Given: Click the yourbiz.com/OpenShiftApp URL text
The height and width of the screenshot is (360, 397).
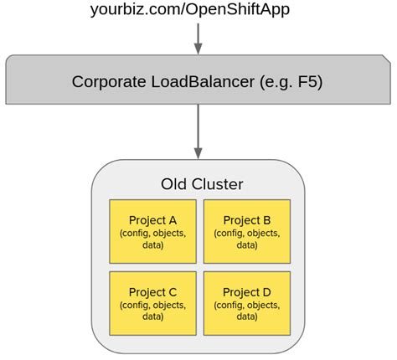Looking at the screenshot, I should [x=198, y=10].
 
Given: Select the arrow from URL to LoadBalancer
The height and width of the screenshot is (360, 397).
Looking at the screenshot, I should [x=198, y=39].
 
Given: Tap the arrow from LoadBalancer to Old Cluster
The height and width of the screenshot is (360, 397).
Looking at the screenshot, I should [x=198, y=131].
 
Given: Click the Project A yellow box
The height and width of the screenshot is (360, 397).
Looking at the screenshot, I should [x=152, y=232].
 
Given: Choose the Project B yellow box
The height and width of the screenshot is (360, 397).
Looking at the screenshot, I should [x=247, y=232].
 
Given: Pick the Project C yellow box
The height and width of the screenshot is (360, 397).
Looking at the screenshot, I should [x=152, y=303].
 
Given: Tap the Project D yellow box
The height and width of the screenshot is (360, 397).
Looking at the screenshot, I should [x=247, y=303].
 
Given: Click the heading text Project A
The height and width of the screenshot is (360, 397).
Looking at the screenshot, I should [x=152, y=220].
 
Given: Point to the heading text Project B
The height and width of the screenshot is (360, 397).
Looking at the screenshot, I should [x=247, y=220].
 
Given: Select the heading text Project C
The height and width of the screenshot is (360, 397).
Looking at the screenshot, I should [x=152, y=292].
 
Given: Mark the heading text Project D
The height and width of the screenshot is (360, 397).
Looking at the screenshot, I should [x=247, y=292].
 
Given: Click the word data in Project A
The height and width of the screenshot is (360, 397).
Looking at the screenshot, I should [x=152, y=245].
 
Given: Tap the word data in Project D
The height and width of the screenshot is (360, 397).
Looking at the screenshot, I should [x=247, y=317].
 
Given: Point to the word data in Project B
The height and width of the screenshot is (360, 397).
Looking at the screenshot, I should [x=247, y=245].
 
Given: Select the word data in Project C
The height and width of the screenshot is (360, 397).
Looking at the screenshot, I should [x=152, y=317].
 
